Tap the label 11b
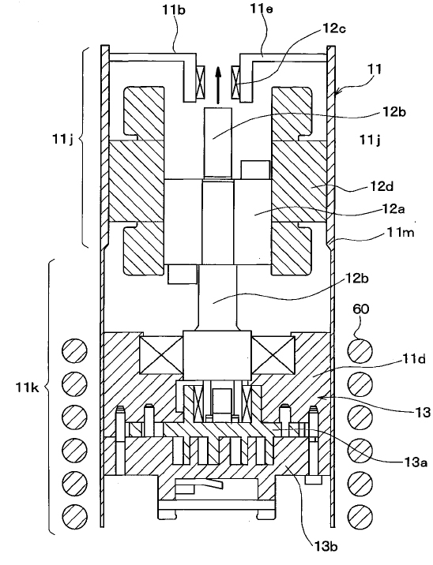(174, 10)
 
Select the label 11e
(262, 9)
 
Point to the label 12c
(334, 28)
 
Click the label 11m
(401, 233)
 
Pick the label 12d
(382, 186)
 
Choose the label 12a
(391, 208)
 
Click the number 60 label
(360, 309)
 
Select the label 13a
(415, 462)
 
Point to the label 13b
(326, 547)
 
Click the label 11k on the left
(28, 388)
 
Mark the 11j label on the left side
(63, 139)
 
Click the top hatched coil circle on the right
(360, 350)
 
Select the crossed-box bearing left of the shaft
(160, 355)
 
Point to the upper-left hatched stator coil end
(144, 113)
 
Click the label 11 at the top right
(374, 69)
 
